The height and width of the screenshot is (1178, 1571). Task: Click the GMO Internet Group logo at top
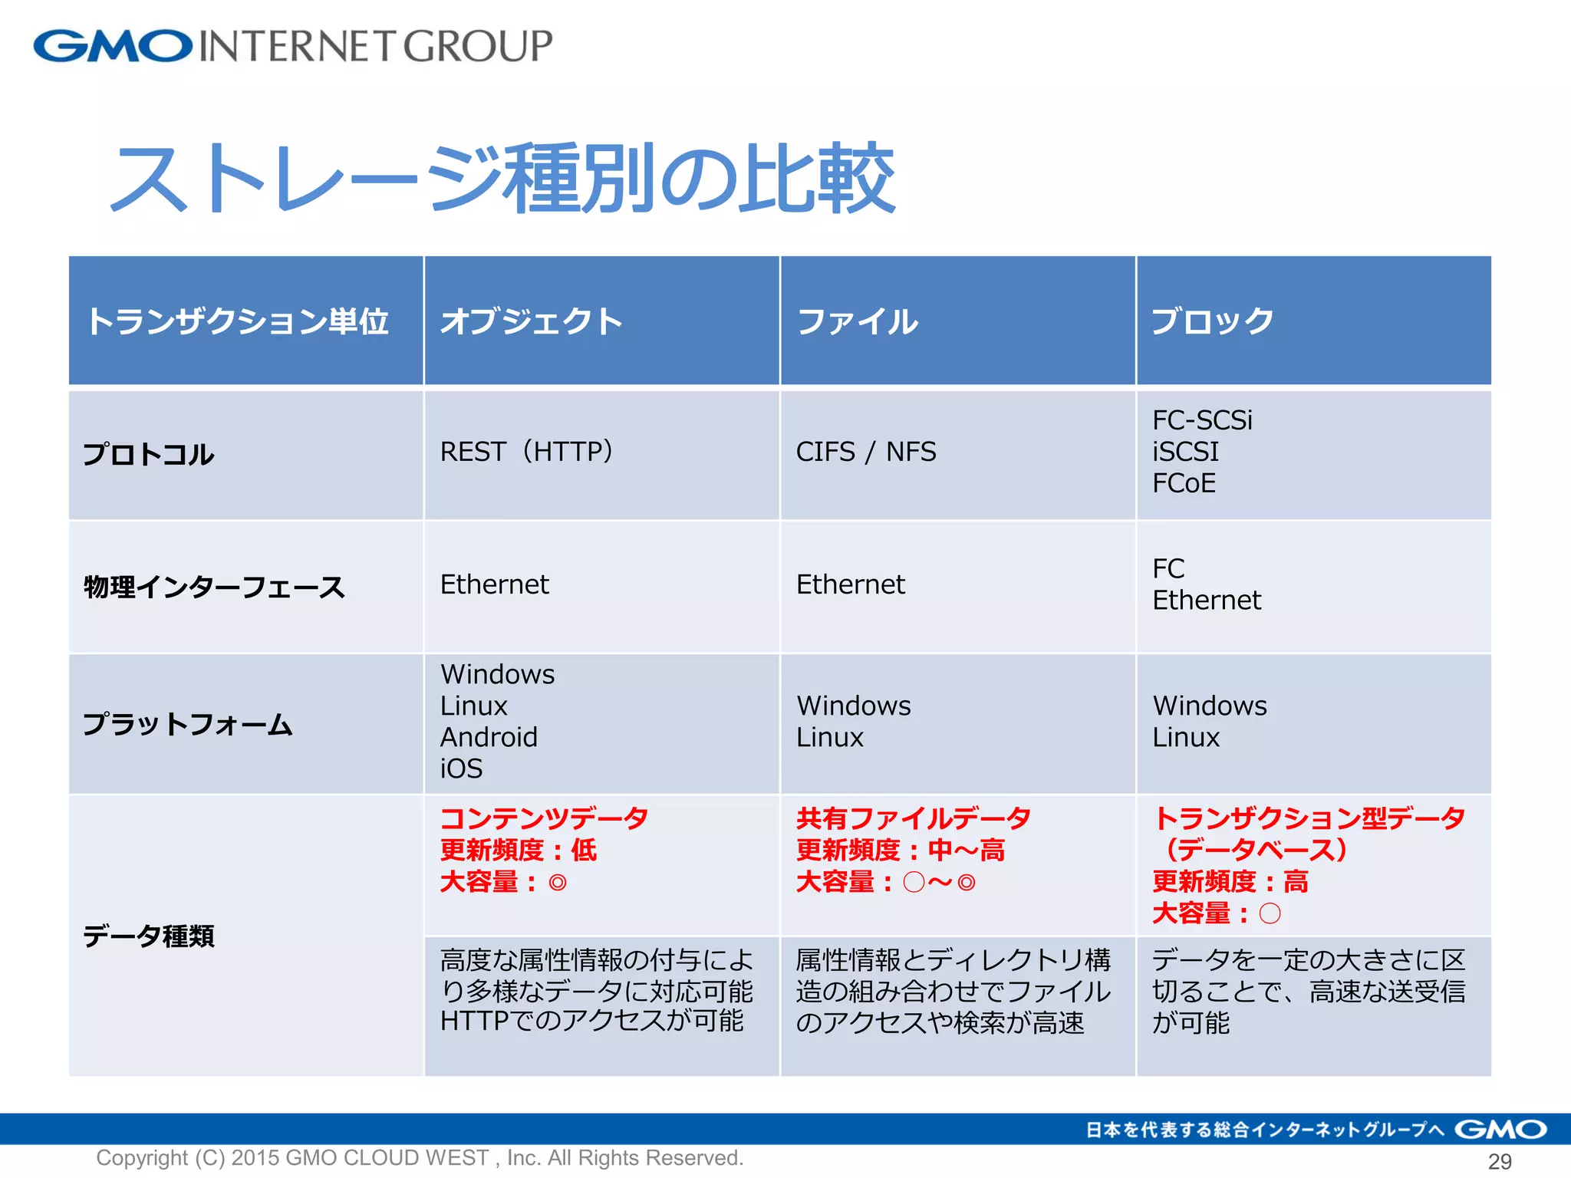tap(291, 46)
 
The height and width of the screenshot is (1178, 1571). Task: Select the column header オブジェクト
tap(531, 321)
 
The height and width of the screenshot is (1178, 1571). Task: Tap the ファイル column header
tap(857, 321)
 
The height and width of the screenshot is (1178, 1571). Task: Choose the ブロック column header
tap(1212, 321)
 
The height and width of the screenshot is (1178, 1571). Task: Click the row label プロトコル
tap(148, 455)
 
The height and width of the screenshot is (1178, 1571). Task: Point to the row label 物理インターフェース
tap(214, 587)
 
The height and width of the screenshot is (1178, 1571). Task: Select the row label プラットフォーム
tap(188, 725)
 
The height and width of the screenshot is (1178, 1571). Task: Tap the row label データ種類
tap(148, 936)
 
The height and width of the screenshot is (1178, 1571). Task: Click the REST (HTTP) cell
tap(528, 452)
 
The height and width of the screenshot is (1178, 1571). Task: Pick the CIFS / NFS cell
tap(866, 452)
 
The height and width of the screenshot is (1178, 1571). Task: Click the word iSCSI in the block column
tap(1185, 452)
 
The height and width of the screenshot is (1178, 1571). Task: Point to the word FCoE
tap(1184, 483)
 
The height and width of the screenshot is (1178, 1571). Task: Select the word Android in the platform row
tap(489, 737)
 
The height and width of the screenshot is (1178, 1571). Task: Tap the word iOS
tap(461, 768)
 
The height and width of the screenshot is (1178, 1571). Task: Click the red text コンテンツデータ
tap(544, 818)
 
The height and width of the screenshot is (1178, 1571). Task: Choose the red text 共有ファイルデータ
tap(913, 818)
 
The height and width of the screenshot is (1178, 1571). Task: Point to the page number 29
tap(1500, 1161)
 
